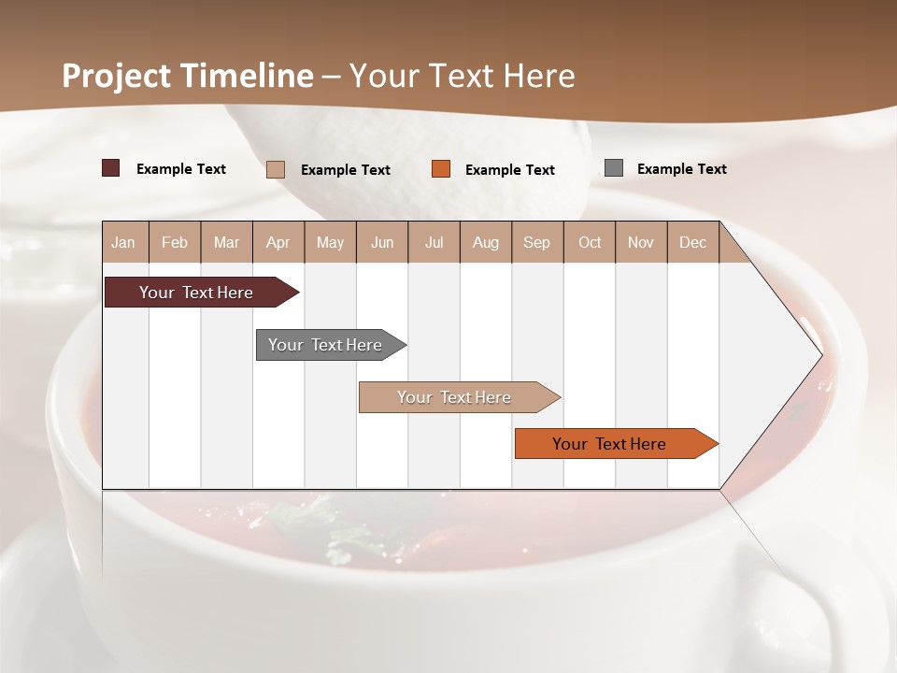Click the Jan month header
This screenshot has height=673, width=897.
[123, 242]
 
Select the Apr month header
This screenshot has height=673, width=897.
[278, 242]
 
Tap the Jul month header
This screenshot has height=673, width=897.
[434, 242]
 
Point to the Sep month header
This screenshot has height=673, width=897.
[536, 242]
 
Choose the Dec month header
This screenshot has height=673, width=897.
[692, 242]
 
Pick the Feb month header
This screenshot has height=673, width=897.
[175, 242]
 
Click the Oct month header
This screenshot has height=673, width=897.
[590, 242]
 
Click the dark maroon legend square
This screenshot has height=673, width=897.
[111, 168]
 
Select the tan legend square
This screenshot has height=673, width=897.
[276, 169]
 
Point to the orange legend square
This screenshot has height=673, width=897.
[441, 169]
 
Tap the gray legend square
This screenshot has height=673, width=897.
[614, 168]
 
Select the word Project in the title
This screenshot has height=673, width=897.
[116, 76]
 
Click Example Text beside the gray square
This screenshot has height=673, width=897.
[681, 169]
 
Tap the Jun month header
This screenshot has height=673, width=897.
[382, 242]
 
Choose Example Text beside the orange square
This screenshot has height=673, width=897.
[509, 170]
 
